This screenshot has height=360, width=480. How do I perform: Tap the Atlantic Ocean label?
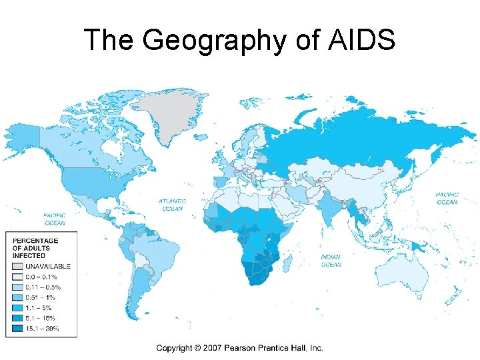(172, 205)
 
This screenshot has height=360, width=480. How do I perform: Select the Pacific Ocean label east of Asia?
(447, 198)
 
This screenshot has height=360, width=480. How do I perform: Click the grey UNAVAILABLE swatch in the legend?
(16, 266)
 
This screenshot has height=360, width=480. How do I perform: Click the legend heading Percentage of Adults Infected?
(31, 246)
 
